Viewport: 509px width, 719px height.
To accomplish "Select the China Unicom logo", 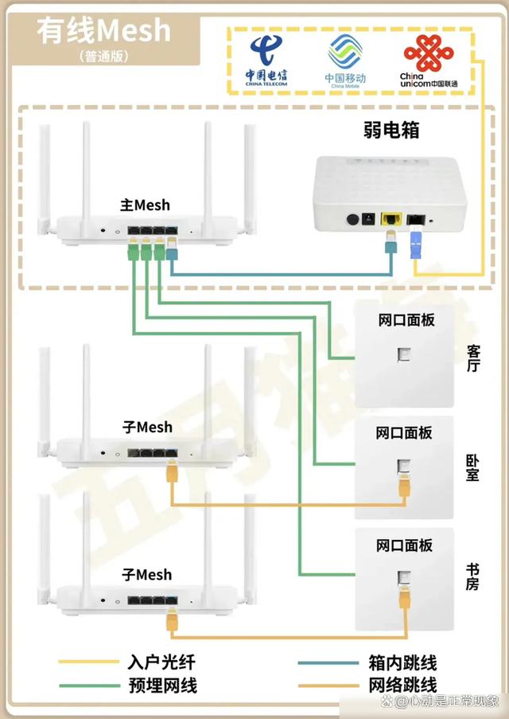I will coord(429,61).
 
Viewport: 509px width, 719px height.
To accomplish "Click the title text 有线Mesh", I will coord(103,30).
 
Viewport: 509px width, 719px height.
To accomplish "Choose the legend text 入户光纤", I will coord(161,662).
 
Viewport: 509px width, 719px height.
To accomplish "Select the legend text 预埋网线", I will coord(161,686).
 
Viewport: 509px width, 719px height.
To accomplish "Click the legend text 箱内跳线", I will coord(402,662).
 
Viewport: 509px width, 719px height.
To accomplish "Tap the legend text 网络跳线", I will coord(402,686).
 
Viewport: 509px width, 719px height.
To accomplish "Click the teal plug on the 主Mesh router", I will coord(173,254).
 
